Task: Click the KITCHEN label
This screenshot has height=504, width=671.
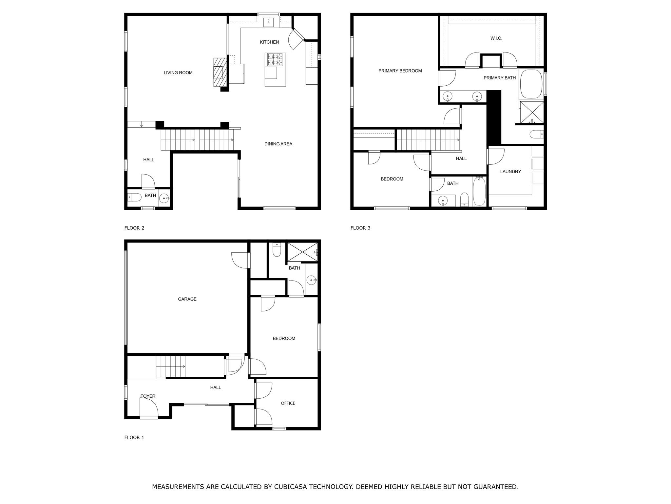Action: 269,42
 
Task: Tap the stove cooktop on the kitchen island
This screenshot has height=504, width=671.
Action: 275,60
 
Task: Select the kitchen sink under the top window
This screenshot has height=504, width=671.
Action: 269,22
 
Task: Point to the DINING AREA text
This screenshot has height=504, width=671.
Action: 278,144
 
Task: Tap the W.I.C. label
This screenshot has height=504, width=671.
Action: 496,38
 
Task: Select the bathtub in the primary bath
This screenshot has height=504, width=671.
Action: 531,84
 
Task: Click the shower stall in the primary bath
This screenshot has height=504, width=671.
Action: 532,112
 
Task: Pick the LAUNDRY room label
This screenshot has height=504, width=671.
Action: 510,172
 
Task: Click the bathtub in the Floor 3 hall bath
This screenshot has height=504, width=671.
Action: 479,191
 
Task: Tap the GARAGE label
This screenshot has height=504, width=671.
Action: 187,299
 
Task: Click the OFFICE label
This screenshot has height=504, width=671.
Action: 288,403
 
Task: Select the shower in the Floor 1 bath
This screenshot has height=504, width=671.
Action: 302,252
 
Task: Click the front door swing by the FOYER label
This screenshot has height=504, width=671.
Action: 148,409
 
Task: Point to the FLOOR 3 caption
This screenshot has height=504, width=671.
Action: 360,228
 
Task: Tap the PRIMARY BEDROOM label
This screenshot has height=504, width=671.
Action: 400,71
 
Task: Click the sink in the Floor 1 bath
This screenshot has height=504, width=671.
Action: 311,280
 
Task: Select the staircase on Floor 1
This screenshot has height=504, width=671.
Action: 170,367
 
